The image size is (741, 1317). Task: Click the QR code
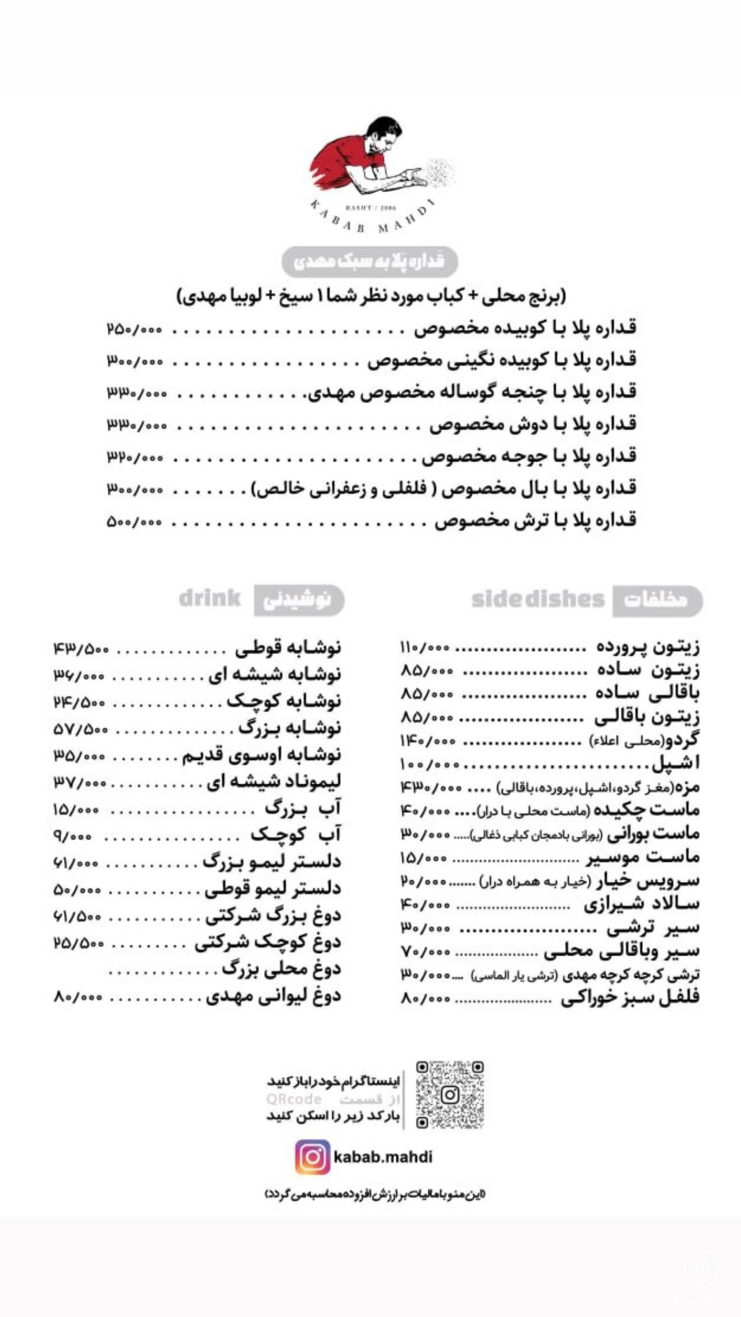pos(450,1095)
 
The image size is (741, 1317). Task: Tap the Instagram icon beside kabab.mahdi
pos(313,1157)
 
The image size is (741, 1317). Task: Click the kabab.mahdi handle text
pos(383,1158)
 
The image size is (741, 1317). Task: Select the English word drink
pos(210,598)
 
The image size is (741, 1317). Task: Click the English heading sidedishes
pos(538,600)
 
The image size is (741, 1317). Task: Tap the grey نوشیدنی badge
pos(299,600)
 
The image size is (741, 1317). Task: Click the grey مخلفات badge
pos(657,601)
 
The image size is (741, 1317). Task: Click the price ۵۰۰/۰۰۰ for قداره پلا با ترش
pos(134,522)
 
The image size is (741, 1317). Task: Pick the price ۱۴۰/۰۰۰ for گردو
pos(427,741)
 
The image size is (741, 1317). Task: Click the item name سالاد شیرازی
pos(641,904)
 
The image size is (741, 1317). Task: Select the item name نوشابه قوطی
pos(288,648)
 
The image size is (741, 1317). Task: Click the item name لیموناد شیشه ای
pos(274,782)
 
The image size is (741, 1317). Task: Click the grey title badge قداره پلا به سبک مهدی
pos(369,262)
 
